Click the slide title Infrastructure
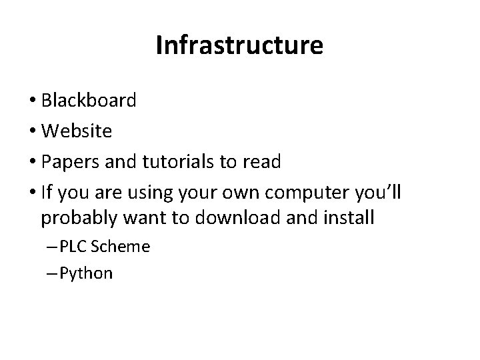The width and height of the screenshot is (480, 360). pos(239,45)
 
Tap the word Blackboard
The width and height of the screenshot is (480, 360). pos(89,101)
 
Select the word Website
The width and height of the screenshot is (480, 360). pos(76,131)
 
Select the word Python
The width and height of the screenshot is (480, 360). pos(86,273)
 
